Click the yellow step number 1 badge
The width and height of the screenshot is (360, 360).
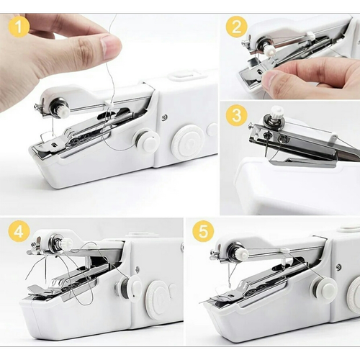[x=19, y=27]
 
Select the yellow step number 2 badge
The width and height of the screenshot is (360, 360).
[x=236, y=27]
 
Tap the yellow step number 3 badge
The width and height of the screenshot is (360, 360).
[x=236, y=115]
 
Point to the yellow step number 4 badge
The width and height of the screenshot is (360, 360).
[x=19, y=232]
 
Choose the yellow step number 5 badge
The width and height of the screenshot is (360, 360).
[x=203, y=232]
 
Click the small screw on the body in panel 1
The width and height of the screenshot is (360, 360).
[x=164, y=117]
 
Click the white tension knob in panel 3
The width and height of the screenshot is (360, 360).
[x=277, y=112]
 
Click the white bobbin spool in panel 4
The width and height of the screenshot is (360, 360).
[x=132, y=289]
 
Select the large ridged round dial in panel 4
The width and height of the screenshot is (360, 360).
[x=158, y=299]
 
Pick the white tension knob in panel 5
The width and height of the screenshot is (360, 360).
[x=242, y=253]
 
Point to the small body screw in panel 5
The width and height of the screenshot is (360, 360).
[x=338, y=266]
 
